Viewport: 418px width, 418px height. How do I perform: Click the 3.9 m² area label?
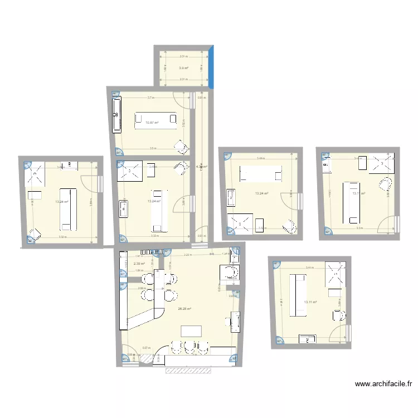(183, 68)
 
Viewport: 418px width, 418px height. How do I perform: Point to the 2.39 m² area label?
(139, 264)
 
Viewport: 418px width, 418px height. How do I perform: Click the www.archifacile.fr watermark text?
(385, 384)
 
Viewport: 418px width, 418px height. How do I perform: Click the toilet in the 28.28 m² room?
(230, 272)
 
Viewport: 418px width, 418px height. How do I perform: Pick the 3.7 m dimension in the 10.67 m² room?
(150, 98)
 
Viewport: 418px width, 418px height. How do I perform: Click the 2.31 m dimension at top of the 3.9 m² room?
(183, 56)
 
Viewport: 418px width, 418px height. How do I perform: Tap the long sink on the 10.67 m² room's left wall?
(117, 114)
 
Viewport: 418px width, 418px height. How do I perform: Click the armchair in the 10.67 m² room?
(180, 147)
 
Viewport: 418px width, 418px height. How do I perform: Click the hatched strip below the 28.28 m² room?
(198, 369)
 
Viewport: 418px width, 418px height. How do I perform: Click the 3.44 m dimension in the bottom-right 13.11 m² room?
(309, 268)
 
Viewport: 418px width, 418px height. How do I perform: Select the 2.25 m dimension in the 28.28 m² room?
(188, 255)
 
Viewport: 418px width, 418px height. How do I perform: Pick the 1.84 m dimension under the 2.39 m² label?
(139, 271)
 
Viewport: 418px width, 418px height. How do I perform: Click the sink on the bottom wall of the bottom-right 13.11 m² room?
(307, 338)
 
